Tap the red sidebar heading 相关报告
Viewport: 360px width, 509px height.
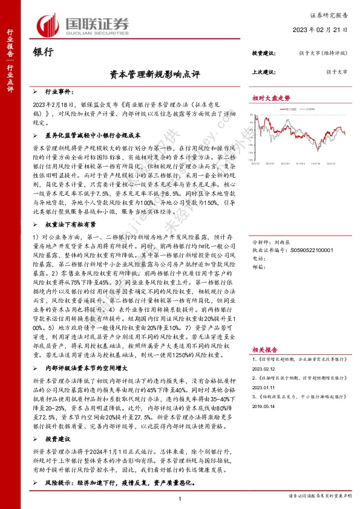tap(264, 349)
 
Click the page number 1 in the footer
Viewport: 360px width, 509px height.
tap(180, 498)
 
